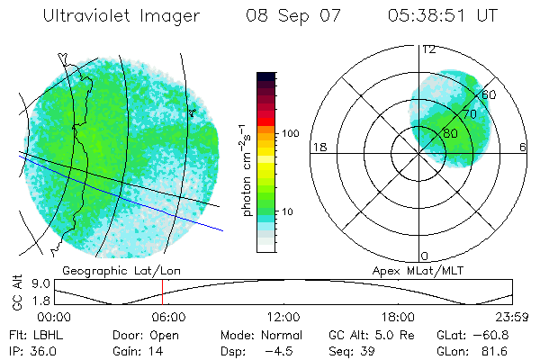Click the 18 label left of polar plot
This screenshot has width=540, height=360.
tap(318, 147)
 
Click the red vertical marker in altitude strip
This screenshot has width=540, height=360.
tap(162, 292)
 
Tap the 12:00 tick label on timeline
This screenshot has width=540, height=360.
tap(283, 317)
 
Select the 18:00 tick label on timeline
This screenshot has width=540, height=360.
tap(398, 317)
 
